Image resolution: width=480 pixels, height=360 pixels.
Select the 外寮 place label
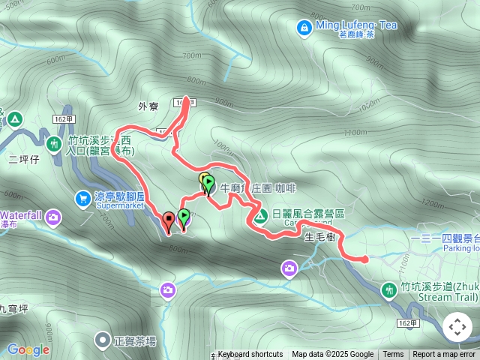click(x=148, y=106)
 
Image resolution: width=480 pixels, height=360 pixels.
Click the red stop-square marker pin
click(x=169, y=220)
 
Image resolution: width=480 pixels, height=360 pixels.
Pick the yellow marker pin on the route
click(x=203, y=181)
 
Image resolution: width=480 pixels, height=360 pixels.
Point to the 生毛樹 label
click(x=319, y=237)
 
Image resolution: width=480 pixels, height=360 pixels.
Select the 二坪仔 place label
click(x=24, y=159)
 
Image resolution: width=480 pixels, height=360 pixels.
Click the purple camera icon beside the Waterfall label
click(x=53, y=218)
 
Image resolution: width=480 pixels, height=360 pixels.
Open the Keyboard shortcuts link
click(x=250, y=355)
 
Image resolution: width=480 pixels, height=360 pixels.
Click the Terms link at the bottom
click(x=393, y=355)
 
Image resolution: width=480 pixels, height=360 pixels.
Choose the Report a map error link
click(x=444, y=355)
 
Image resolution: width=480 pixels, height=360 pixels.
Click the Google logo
click(x=28, y=349)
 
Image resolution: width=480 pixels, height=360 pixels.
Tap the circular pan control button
click(x=457, y=327)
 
